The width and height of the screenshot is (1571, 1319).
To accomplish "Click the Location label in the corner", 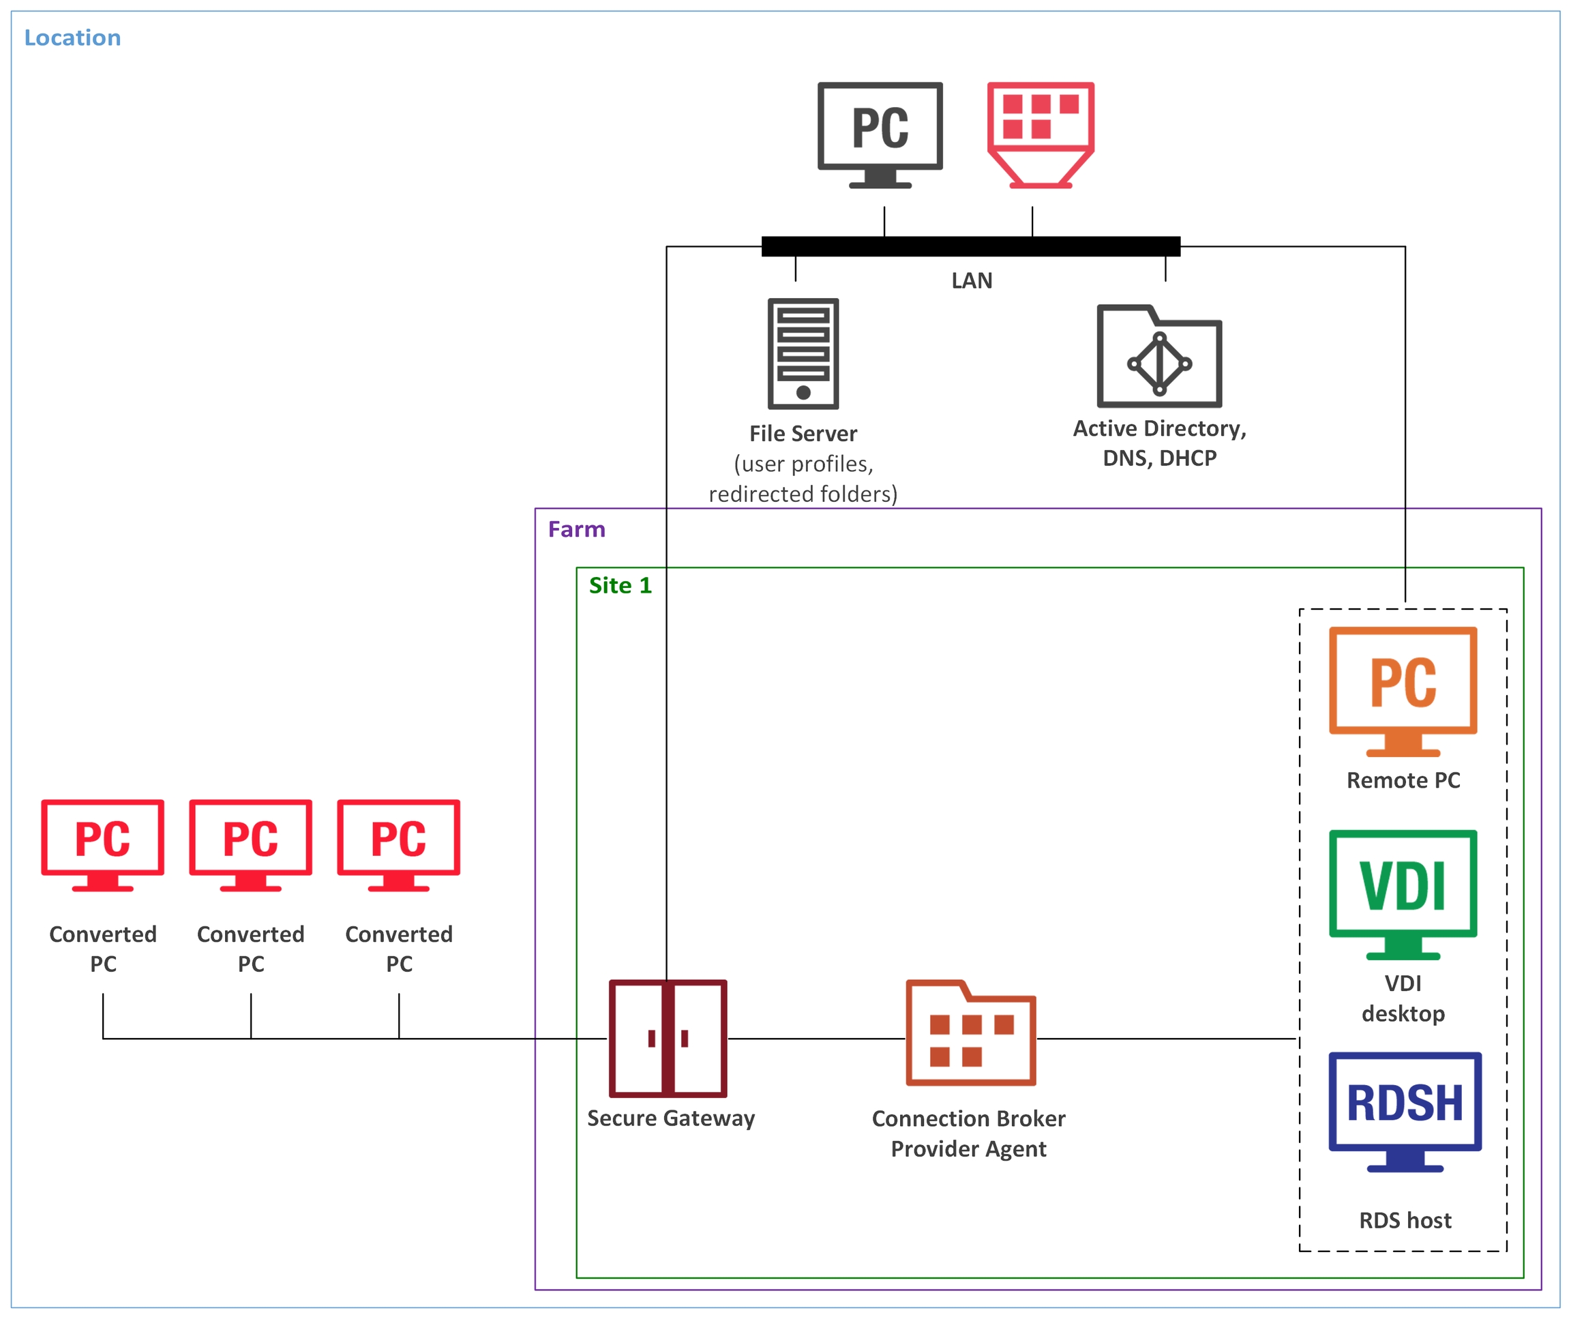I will [x=72, y=38].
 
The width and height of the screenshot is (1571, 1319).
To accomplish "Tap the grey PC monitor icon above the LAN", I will [x=880, y=134].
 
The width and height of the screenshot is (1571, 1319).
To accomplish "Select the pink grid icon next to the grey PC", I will [x=1041, y=134].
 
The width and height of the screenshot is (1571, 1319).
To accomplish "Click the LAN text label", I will [x=972, y=281].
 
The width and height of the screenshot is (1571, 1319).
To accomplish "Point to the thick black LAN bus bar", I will [x=970, y=246].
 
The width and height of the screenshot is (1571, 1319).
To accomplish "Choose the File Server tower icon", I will [x=803, y=354].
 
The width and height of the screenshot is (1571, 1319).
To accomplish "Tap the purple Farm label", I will [x=576, y=530].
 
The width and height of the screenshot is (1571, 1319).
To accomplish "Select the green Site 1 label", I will [x=620, y=586].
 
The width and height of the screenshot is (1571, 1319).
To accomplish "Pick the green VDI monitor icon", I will [x=1403, y=894].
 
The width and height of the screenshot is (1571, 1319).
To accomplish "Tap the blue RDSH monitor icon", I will [x=1404, y=1112].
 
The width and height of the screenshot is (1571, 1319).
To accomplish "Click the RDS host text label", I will [x=1405, y=1221].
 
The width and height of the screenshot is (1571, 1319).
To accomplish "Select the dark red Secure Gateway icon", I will [x=668, y=1039].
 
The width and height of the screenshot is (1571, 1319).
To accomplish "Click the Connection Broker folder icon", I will [x=970, y=1034].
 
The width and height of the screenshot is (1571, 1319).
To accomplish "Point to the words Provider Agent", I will [x=968, y=1149].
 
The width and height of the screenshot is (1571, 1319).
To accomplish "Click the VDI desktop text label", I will [x=1403, y=998].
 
